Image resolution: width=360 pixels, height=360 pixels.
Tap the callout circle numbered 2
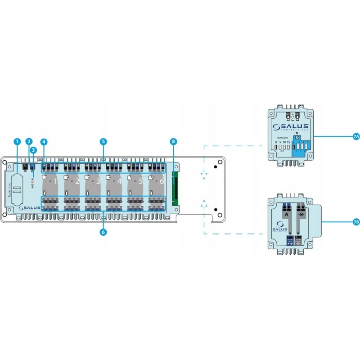click(29, 142)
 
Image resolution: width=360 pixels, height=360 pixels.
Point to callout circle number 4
click(44, 142)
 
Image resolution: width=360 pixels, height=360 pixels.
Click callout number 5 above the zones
click(103, 142)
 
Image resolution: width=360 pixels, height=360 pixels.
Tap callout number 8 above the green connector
click(173, 142)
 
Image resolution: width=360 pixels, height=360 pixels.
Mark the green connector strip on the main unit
click(175, 186)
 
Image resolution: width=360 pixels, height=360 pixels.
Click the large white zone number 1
click(56, 182)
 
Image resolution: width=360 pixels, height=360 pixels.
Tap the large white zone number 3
click(99, 182)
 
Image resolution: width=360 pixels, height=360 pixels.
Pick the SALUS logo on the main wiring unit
click(30, 207)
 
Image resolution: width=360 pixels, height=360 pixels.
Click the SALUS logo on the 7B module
click(277, 228)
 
